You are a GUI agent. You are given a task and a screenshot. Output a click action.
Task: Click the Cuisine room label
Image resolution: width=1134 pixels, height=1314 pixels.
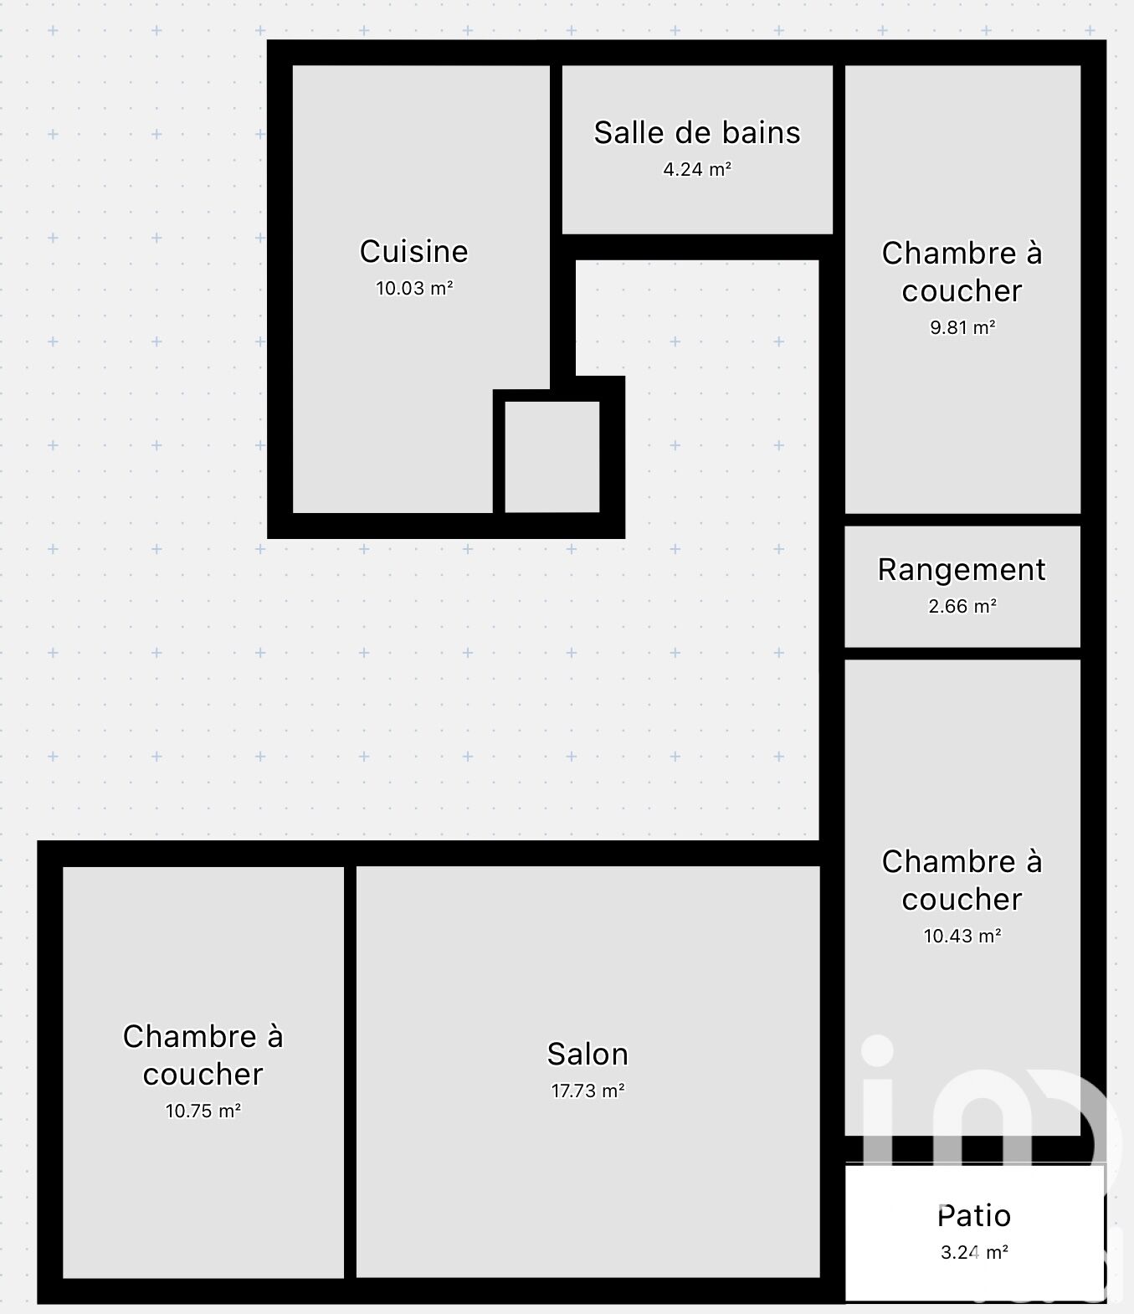pyautogui.click(x=413, y=251)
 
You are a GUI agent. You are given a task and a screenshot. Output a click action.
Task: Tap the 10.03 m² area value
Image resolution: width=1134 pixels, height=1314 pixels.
pyautogui.click(x=413, y=288)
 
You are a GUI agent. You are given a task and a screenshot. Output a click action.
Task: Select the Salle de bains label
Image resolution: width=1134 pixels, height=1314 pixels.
pyautogui.click(x=697, y=133)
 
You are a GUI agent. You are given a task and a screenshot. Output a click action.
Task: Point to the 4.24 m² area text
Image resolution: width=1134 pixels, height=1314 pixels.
pyautogui.click(x=697, y=169)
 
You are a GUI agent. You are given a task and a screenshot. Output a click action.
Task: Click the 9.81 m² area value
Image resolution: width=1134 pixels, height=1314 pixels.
pyautogui.click(x=962, y=327)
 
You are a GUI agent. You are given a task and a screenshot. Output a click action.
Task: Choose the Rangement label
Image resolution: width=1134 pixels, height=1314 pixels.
pyautogui.click(x=962, y=570)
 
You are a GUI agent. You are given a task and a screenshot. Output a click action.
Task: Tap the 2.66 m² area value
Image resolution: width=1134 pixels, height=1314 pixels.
pyautogui.click(x=962, y=606)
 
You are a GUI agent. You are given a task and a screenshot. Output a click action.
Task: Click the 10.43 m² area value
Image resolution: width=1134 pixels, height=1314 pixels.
pyautogui.click(x=962, y=936)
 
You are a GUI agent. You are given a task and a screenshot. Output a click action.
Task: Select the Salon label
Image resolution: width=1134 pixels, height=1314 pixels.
pyautogui.click(x=588, y=1054)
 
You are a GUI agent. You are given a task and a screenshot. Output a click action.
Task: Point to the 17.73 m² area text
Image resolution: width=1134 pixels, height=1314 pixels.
pyautogui.click(x=588, y=1091)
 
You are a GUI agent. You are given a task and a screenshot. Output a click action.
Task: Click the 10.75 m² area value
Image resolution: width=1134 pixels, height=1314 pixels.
pyautogui.click(x=203, y=1111)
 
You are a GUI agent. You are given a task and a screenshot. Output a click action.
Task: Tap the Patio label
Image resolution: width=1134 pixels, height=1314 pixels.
pyautogui.click(x=974, y=1215)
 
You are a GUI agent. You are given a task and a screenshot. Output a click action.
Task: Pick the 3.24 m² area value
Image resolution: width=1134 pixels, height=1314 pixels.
pyautogui.click(x=974, y=1252)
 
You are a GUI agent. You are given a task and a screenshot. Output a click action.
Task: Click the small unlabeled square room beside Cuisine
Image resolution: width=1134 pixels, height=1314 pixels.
pyautogui.click(x=552, y=456)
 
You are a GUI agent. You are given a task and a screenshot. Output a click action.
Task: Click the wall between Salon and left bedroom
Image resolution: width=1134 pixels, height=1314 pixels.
pyautogui.click(x=350, y=1072)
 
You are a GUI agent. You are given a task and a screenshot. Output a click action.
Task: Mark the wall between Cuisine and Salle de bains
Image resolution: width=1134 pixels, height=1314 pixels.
pyautogui.click(x=556, y=227)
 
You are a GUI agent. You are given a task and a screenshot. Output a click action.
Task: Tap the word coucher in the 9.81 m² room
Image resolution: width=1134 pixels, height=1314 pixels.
pyautogui.click(x=962, y=291)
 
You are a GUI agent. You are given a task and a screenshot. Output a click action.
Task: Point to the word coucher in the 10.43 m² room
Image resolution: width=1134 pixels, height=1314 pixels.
pyautogui.click(x=962, y=900)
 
